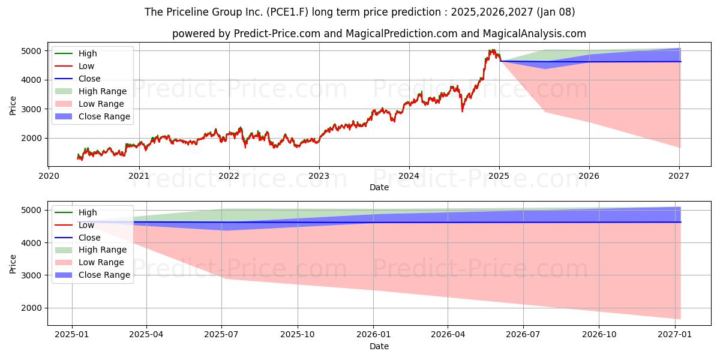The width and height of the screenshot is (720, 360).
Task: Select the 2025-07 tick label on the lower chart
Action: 222,335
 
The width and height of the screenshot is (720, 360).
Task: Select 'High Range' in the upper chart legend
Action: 103,91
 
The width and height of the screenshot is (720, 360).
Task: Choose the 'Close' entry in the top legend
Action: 89,79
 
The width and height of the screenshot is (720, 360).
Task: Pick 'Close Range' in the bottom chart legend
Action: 104,275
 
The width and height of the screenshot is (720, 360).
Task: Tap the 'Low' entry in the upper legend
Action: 86,66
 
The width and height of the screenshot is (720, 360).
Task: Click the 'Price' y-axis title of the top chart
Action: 13,105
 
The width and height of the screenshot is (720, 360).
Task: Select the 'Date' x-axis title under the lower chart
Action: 379,346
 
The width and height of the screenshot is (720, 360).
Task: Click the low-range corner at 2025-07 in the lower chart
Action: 223,279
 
